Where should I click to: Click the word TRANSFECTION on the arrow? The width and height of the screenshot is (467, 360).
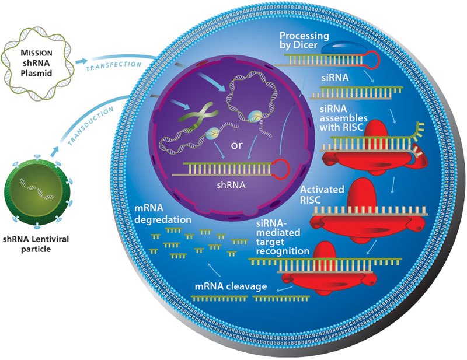[x=114, y=66]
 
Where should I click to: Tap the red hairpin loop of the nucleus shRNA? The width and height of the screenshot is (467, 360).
[x=281, y=169]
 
